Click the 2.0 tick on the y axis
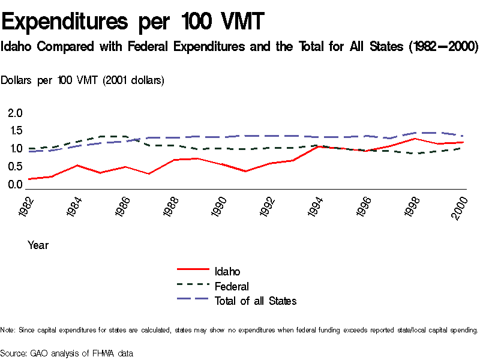(15, 113)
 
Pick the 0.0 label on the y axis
(15, 184)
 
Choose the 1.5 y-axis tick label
(15, 131)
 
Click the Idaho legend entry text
(227, 272)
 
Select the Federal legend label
(232, 286)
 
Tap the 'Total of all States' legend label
(256, 301)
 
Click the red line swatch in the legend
(192, 271)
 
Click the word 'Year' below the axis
(38, 245)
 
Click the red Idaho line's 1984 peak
(77, 165)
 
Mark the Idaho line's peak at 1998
(413, 139)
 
